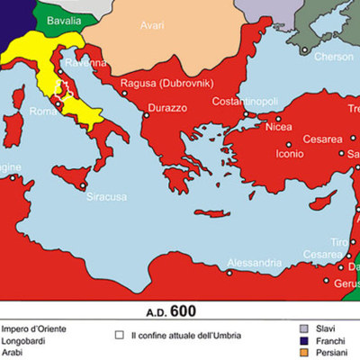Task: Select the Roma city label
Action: pos(43,112)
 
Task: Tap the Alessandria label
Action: pos(231,263)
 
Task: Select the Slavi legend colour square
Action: pos(304,328)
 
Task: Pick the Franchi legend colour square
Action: pos(304,342)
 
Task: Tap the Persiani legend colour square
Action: pos(304,355)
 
